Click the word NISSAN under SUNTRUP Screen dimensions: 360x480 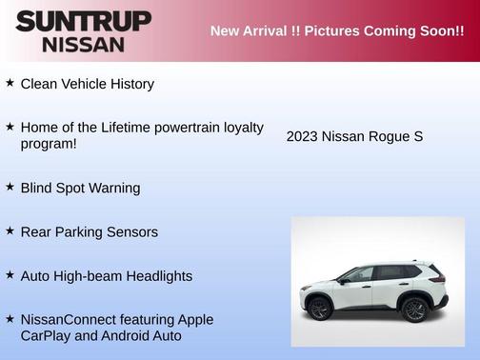(83, 44)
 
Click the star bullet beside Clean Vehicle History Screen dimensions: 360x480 (10, 83)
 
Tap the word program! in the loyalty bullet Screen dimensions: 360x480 (49, 144)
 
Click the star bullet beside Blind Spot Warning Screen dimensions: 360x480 (10, 187)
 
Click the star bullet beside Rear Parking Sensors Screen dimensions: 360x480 (10, 230)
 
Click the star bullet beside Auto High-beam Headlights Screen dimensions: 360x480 (10, 274)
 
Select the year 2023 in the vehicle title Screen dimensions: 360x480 (302, 137)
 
